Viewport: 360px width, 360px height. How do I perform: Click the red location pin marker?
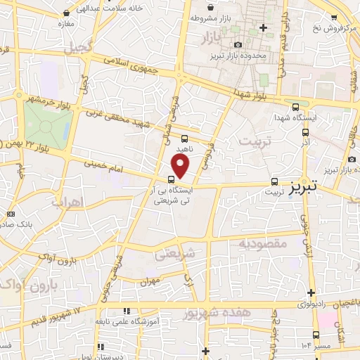(181, 166)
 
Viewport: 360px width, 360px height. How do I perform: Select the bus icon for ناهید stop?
(184, 139)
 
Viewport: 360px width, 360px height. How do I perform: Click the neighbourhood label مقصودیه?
(260, 244)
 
